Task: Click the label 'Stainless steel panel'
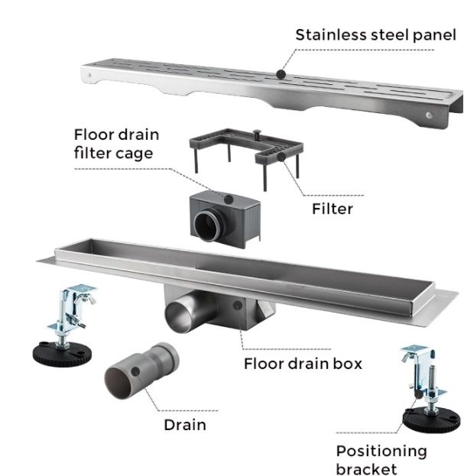375,34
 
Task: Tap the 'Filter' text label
332,209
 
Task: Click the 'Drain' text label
185,424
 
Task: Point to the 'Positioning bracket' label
381,460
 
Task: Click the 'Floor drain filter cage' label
117,144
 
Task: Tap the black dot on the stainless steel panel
281,74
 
